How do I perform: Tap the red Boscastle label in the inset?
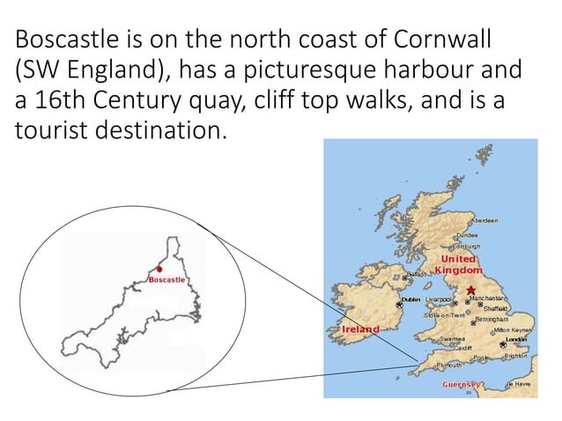[166, 279]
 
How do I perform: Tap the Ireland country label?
[360, 329]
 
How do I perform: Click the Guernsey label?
[462, 385]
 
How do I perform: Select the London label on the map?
[516, 338]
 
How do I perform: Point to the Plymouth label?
[449, 365]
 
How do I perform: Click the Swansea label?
[452, 338]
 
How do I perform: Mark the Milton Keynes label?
[513, 329]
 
